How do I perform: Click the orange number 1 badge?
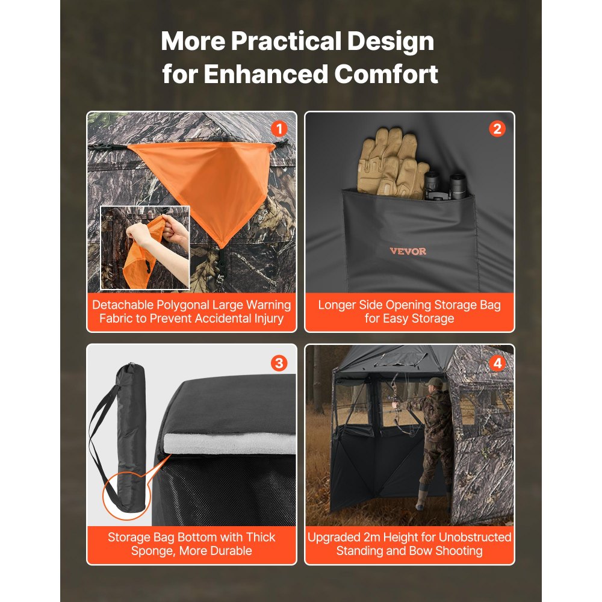(278, 128)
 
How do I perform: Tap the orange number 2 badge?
(497, 128)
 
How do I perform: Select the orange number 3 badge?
(279, 363)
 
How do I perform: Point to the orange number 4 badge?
(497, 363)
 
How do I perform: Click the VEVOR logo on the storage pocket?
(408, 251)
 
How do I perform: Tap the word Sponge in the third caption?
(155, 550)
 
